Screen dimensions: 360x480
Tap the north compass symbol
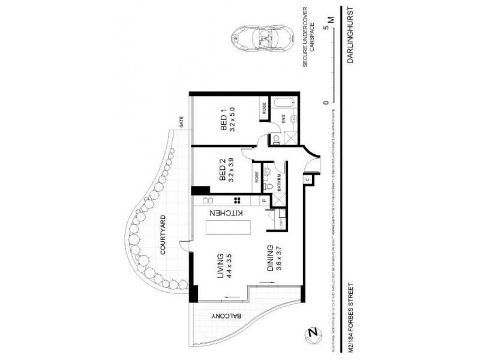tap(312, 333)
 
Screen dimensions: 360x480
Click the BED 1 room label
tap(223, 120)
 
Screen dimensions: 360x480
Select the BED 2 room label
tap(223, 170)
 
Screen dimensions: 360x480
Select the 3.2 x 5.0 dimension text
tap(233, 120)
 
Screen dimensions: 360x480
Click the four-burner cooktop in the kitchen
tap(238, 201)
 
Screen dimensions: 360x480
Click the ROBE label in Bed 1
tap(263, 109)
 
